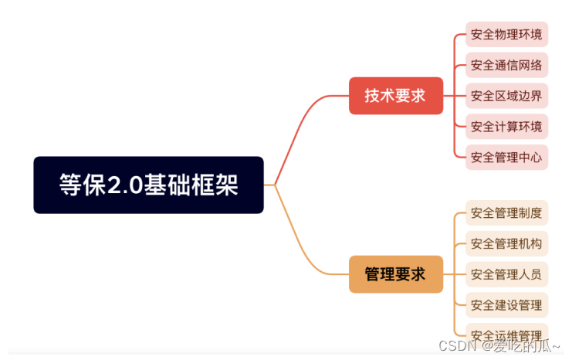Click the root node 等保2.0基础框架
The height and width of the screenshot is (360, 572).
(x=148, y=185)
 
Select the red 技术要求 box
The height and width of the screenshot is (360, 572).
(x=395, y=96)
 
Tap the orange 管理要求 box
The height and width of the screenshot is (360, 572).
(x=395, y=274)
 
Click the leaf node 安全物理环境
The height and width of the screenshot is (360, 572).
(x=506, y=35)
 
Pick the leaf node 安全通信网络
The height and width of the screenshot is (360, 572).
(x=506, y=65)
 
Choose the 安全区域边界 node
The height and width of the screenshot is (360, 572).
(x=506, y=96)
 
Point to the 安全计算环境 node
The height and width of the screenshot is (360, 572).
(x=506, y=126)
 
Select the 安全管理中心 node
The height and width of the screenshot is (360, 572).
(x=506, y=157)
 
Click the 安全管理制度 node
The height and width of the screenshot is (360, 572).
(x=506, y=212)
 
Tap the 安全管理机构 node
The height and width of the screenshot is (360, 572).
(x=506, y=243)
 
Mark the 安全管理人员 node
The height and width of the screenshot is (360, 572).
(x=506, y=273)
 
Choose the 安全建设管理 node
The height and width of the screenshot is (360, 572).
(x=506, y=304)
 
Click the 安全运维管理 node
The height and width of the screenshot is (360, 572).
(x=506, y=335)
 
